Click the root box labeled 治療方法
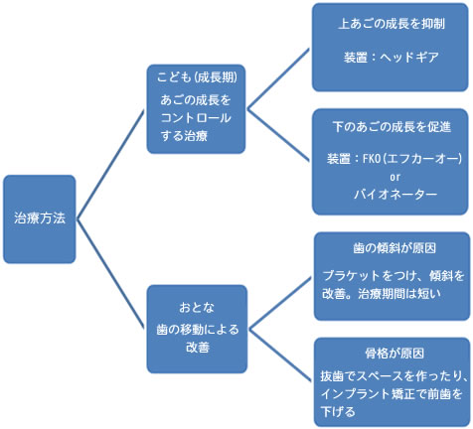[x=40, y=219]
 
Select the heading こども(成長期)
[x=197, y=77]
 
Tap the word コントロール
[x=196, y=118]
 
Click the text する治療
[x=184, y=136]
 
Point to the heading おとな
[x=197, y=308]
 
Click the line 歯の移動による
[x=198, y=330]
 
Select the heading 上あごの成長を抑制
[x=392, y=24]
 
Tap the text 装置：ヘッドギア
[x=391, y=58]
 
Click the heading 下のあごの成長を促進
[x=392, y=127]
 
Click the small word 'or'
[x=394, y=177]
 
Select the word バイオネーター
[x=395, y=194]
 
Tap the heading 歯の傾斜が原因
[x=394, y=248]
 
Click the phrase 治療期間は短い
[x=399, y=294]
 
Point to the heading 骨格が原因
[x=394, y=354]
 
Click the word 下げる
[x=338, y=412]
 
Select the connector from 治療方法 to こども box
[x=110, y=164]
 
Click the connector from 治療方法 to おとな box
[x=110, y=274]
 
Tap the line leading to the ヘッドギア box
[x=278, y=78]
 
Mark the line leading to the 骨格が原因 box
[x=280, y=356]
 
